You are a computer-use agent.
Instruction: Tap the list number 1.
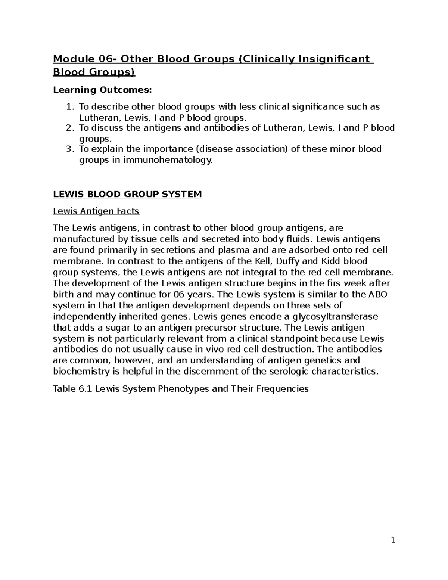(69, 107)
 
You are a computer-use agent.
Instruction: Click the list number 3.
(69, 149)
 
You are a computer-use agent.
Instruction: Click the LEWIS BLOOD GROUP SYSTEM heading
(127, 194)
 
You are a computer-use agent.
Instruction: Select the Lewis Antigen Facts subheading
(96, 211)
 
